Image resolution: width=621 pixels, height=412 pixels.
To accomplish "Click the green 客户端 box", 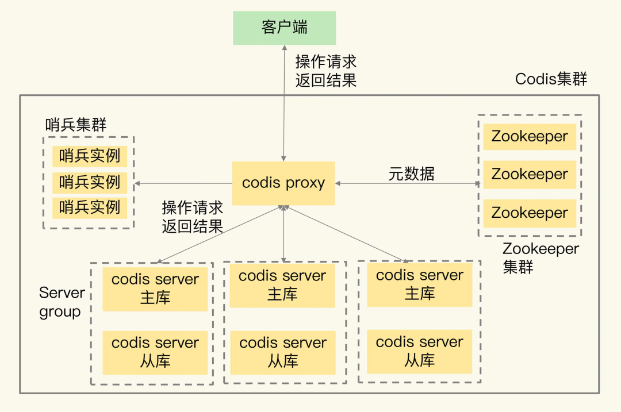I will pos(284,28).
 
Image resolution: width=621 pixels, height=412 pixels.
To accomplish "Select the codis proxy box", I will pos(283,183).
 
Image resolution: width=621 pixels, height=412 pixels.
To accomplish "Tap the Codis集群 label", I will pos(551,79).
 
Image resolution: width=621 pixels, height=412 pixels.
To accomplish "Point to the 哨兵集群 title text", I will pos(76,125).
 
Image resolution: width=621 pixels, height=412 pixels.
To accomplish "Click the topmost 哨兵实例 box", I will pos(89,156).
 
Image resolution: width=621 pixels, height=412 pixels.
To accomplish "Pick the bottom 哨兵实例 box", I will pos(89,207).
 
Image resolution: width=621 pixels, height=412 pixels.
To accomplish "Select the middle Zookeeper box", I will pos(530,175).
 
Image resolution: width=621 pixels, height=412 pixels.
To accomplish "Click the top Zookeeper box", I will pos(530,137).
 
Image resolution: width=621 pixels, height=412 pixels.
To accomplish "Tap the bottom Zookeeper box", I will pos(530,213).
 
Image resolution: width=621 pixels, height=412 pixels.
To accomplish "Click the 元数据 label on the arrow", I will pos(411,174).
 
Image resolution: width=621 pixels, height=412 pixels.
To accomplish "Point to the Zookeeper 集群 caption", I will pos(540,258).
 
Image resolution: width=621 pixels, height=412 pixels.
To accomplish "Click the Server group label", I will pos(62,302).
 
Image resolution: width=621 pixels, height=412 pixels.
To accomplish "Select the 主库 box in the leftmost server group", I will pos(155,289).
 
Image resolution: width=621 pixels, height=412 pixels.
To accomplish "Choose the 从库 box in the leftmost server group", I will pos(155,352).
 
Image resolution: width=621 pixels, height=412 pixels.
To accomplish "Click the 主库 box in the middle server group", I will pos(282,286).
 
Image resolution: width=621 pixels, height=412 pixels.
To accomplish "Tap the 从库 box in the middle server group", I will pos(282,352).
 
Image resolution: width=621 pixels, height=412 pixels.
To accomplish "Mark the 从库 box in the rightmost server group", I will pos(419,351).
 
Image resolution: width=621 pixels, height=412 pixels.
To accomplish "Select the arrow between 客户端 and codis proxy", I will pos(283,103).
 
